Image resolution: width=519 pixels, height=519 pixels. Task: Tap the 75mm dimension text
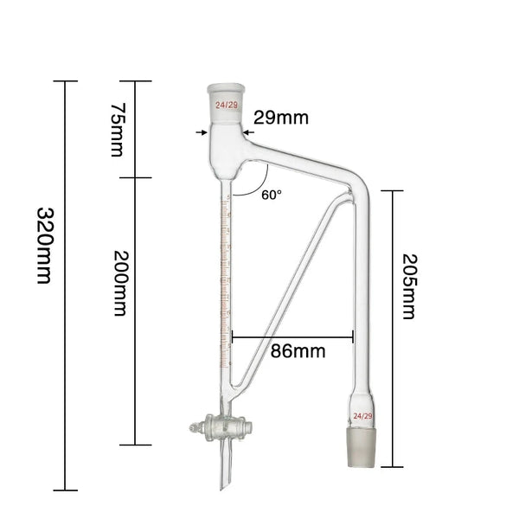click(119, 130)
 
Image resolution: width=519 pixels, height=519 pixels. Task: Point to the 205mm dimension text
click(408, 286)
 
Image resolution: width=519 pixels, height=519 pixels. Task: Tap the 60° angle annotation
click(271, 195)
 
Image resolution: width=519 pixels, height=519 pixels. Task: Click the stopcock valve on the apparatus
click(221, 426)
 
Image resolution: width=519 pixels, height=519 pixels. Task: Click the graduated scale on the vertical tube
click(227, 277)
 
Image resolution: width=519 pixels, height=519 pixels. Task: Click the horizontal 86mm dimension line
click(292, 336)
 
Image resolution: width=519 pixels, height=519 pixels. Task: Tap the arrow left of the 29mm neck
click(202, 132)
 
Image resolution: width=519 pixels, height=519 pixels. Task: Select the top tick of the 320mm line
click(65, 81)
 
